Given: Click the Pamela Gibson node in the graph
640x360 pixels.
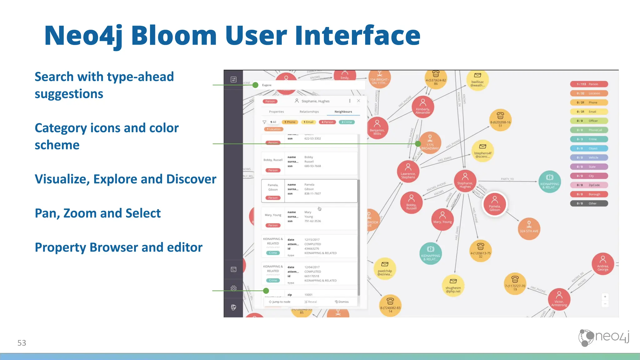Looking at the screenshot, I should (x=494, y=204).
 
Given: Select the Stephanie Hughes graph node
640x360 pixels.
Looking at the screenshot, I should (x=465, y=181).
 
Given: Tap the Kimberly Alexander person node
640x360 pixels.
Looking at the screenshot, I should (x=423, y=107).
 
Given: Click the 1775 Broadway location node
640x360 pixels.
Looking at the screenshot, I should (x=430, y=142).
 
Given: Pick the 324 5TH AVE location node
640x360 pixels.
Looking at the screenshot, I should (x=529, y=228).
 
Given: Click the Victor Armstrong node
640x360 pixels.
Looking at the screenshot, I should (x=559, y=299).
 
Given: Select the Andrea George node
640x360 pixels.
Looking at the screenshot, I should (x=603, y=263).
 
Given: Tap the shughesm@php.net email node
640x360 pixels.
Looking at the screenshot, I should (x=453, y=286).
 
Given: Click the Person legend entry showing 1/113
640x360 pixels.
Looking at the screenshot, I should (x=589, y=84).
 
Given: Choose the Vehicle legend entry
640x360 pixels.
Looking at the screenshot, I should (x=589, y=157).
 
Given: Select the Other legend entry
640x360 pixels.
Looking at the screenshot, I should (x=589, y=203).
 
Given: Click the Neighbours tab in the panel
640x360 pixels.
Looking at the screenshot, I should (x=343, y=112).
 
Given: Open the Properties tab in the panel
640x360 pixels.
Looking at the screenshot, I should (x=277, y=112).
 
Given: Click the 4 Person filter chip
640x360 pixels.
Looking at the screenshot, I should (x=327, y=122).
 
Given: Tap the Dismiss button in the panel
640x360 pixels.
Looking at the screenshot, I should (x=342, y=302).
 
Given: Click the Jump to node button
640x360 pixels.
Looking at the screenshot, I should (x=280, y=302).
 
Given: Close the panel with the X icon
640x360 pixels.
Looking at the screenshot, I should (x=358, y=101).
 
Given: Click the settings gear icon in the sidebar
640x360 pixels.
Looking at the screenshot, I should (x=233, y=288).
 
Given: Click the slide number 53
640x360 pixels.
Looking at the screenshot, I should (x=22, y=343).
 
